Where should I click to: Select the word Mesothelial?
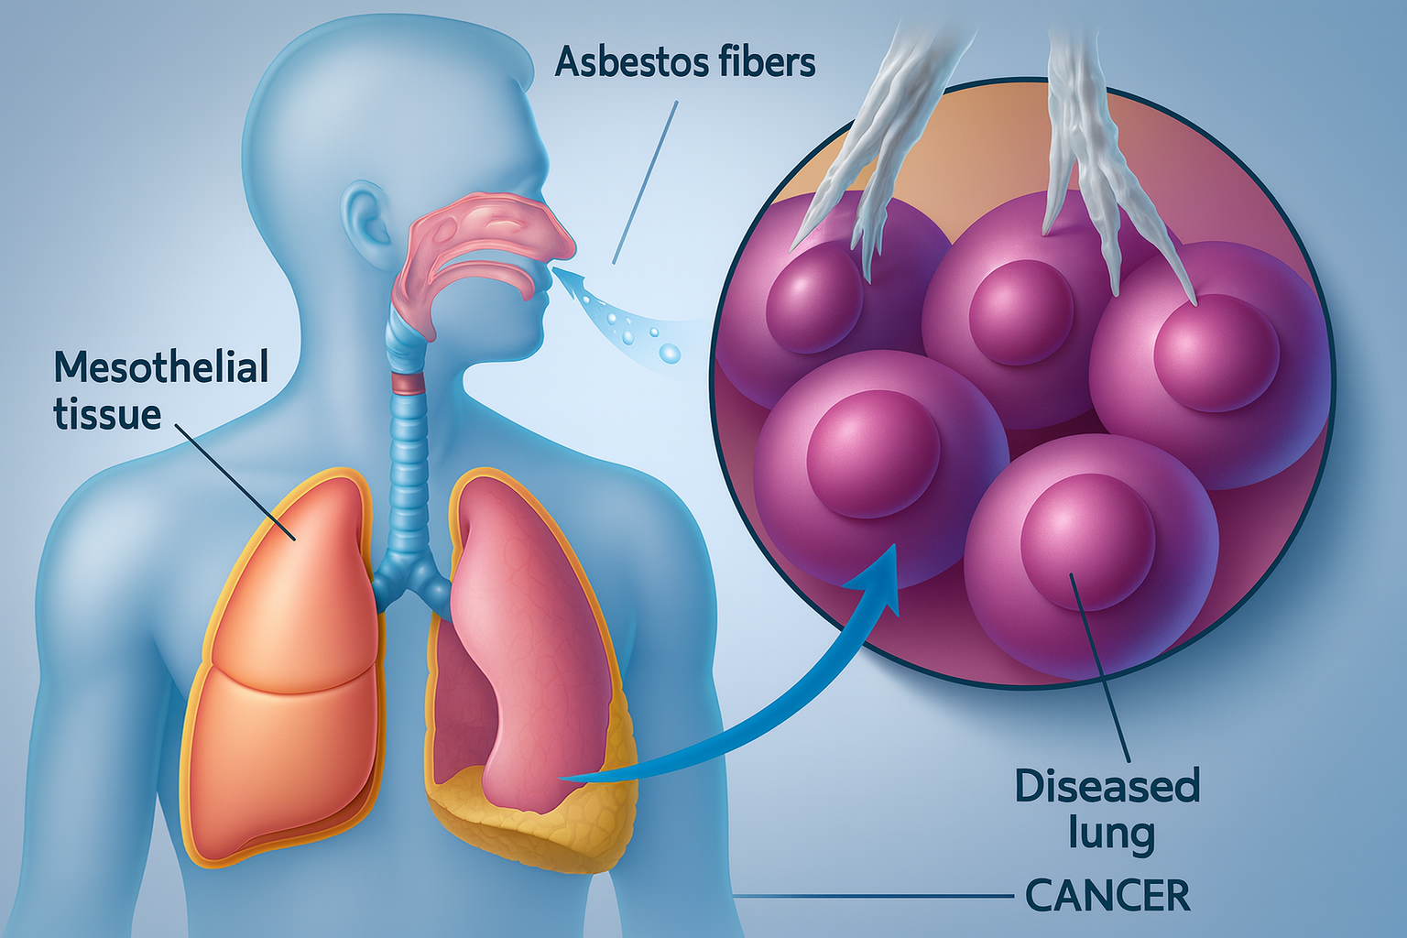pyautogui.click(x=161, y=367)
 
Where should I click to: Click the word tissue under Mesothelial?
pyautogui.click(x=107, y=414)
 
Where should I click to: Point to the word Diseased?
pyautogui.click(x=1107, y=786)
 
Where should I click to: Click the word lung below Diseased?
pyautogui.click(x=1111, y=834)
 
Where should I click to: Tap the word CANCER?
pyautogui.click(x=1107, y=896)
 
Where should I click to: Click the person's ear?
pyautogui.click(x=363, y=223)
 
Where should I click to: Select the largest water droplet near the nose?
pyautogui.click(x=670, y=353)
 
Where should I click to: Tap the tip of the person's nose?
pyautogui.click(x=570, y=245)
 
